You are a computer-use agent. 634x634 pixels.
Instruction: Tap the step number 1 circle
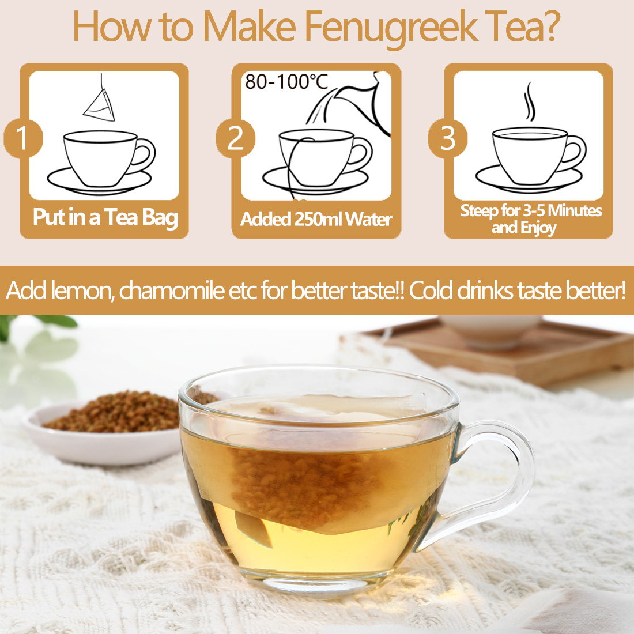[22, 138]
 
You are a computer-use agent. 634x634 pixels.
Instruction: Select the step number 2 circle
[235, 138]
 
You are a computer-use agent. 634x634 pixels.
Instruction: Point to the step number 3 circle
[447, 138]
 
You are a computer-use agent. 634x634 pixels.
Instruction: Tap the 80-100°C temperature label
[286, 82]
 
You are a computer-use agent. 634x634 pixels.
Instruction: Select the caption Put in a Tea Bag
[105, 217]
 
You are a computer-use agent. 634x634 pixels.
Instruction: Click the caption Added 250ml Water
[316, 220]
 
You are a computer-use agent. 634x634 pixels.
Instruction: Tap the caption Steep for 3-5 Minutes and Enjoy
[530, 218]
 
